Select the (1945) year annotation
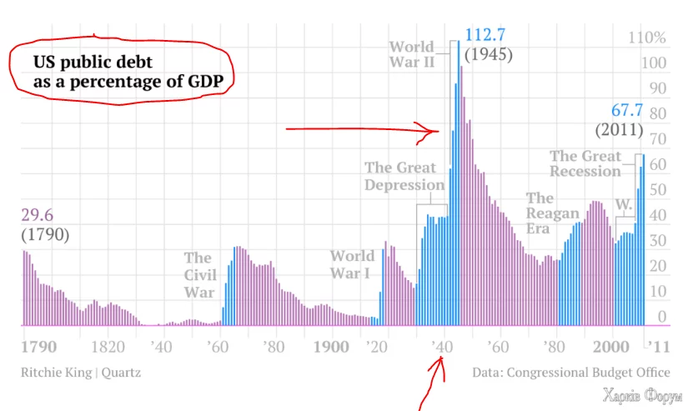488,55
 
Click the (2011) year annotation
619,130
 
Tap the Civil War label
200,274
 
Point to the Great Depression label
404,176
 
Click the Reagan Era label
541,213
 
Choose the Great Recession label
585,163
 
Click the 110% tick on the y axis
649,38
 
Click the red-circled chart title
122,72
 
